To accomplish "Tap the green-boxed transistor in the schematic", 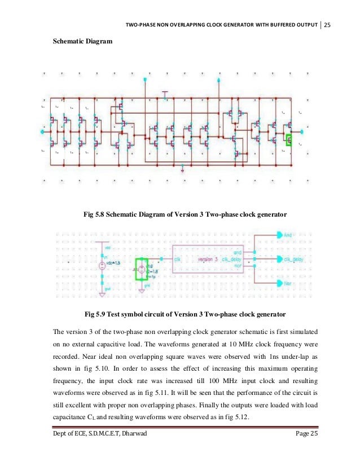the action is pos(289,138).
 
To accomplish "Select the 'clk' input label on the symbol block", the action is pos(178,260).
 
